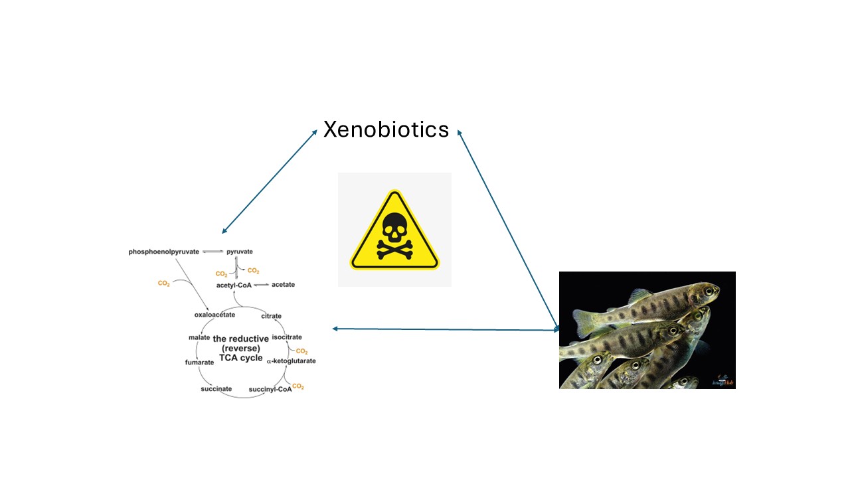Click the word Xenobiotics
[x=386, y=129]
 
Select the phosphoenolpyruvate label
[x=164, y=252]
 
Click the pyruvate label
[x=240, y=252]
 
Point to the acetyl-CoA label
[x=234, y=285]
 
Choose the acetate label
[x=283, y=285]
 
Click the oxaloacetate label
[x=214, y=315]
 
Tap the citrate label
[x=271, y=316]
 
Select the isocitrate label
[x=287, y=337]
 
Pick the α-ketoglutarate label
[x=291, y=361]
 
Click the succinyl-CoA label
[x=270, y=389]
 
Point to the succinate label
[x=216, y=388]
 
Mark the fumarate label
[x=199, y=362]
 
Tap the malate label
[x=199, y=338]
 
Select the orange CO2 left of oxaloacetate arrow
[x=163, y=283]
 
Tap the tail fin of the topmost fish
[x=585, y=323]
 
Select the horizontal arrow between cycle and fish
[x=445, y=329]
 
